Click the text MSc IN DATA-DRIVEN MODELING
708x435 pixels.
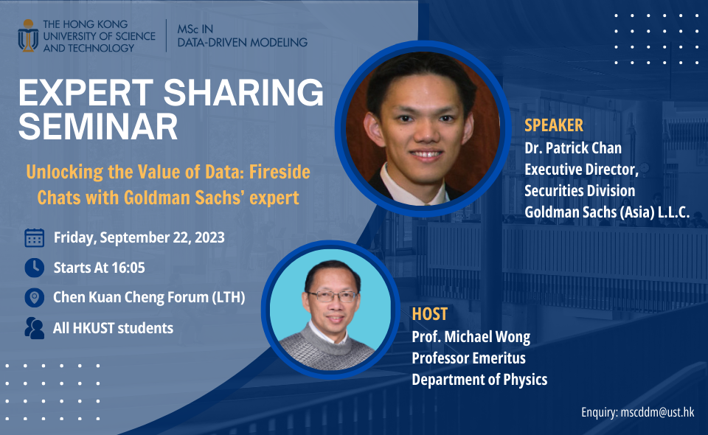[x=243, y=35]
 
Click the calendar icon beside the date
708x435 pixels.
[x=34, y=237]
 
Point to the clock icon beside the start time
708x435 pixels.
[x=34, y=267]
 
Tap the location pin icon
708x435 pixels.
[x=34, y=297]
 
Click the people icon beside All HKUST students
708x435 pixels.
[x=34, y=327]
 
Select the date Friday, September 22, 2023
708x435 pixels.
[x=139, y=238]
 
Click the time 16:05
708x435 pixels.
[x=139, y=268]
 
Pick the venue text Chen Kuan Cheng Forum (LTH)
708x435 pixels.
[x=149, y=298]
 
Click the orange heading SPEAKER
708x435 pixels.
[x=553, y=125]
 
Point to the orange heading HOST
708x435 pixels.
[x=430, y=314]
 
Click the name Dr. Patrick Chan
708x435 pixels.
[x=572, y=147]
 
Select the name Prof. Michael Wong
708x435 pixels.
[x=471, y=337]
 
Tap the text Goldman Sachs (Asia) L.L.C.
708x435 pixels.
[x=606, y=212]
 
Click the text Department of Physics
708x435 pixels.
[x=479, y=380]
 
